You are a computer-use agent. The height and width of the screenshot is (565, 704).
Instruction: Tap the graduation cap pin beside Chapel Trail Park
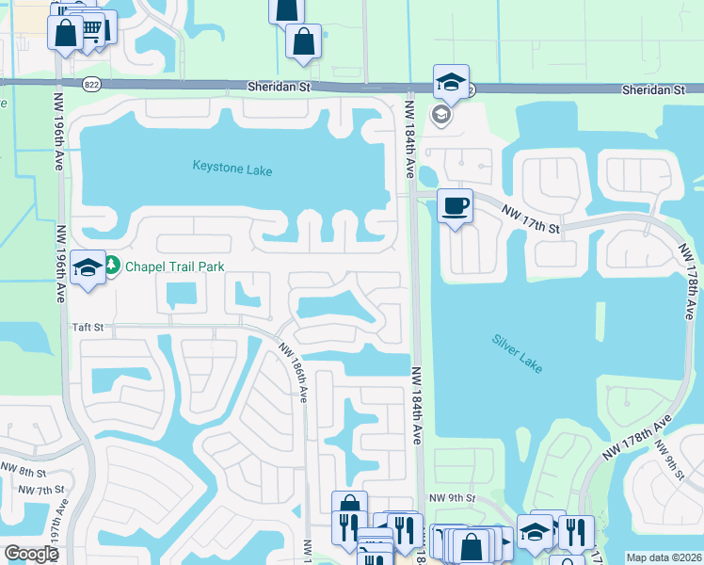[88, 267]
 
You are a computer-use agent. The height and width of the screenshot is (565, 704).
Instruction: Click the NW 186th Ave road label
[294, 371]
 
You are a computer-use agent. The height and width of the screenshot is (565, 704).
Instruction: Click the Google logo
[31, 554]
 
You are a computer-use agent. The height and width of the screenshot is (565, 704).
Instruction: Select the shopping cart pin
[91, 29]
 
